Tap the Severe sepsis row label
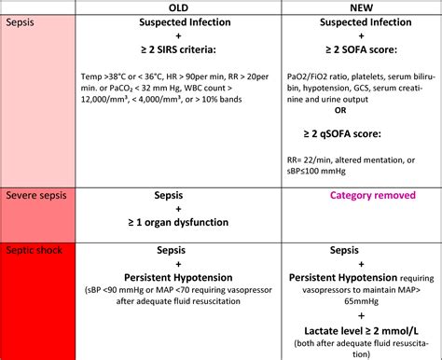tap(35, 197)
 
